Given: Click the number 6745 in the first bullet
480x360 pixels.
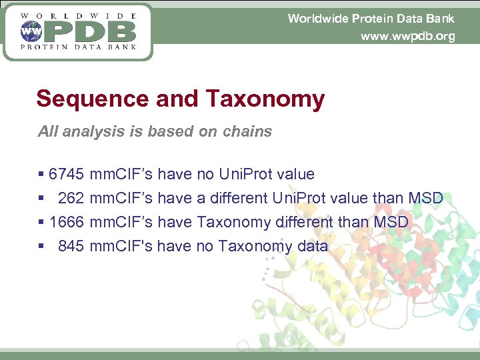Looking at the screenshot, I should [67, 175].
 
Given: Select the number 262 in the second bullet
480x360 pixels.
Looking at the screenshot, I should [71, 199].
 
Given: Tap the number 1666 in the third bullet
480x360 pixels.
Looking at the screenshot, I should [67, 222].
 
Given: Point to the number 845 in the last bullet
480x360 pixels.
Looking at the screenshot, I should [71, 246].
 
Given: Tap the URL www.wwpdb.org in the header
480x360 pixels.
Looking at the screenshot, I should [407, 36].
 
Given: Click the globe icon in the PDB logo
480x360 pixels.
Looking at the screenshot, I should [31, 31].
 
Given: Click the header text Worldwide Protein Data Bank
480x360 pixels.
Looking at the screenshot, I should [371, 19].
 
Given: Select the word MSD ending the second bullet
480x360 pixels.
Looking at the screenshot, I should [425, 199].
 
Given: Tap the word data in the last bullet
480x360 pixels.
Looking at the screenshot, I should [312, 246].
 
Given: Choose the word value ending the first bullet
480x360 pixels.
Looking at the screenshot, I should [296, 175].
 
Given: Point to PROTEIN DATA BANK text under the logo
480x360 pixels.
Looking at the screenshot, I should [79, 47].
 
